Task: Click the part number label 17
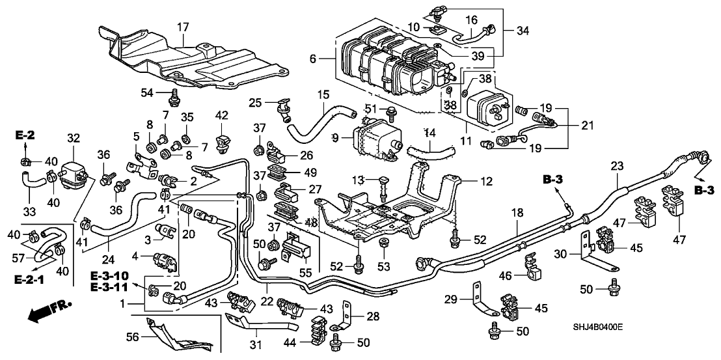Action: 183,27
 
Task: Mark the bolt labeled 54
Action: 174,98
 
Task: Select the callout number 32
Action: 74,138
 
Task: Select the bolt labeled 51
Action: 390,111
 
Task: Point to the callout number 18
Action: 517,212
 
